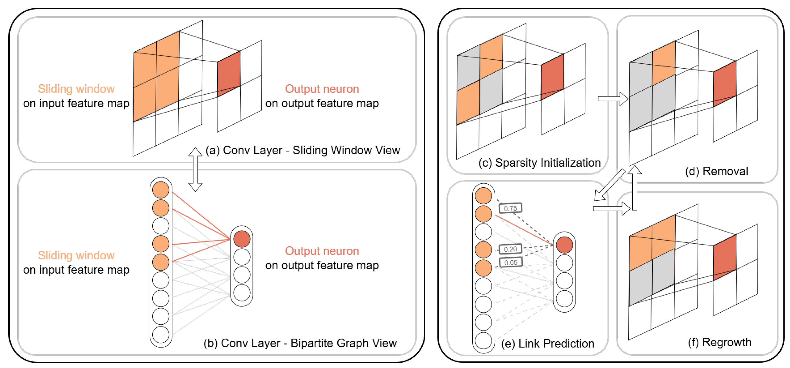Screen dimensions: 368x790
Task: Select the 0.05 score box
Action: coord(511,262)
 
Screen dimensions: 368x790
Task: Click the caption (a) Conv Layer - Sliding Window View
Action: coord(303,150)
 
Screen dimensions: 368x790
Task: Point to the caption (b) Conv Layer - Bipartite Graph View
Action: coord(300,343)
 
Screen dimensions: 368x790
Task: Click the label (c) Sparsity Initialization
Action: coord(540,163)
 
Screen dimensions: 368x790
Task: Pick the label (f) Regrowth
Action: coord(720,342)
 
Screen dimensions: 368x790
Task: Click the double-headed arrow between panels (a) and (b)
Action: coord(195,170)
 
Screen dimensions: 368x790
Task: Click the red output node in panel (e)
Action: coord(565,245)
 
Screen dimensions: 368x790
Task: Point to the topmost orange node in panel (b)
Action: coord(161,190)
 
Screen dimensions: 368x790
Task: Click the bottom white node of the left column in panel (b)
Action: coord(161,335)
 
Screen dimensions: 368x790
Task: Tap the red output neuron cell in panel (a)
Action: coord(229,74)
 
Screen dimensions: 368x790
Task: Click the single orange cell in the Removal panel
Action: coord(664,63)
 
